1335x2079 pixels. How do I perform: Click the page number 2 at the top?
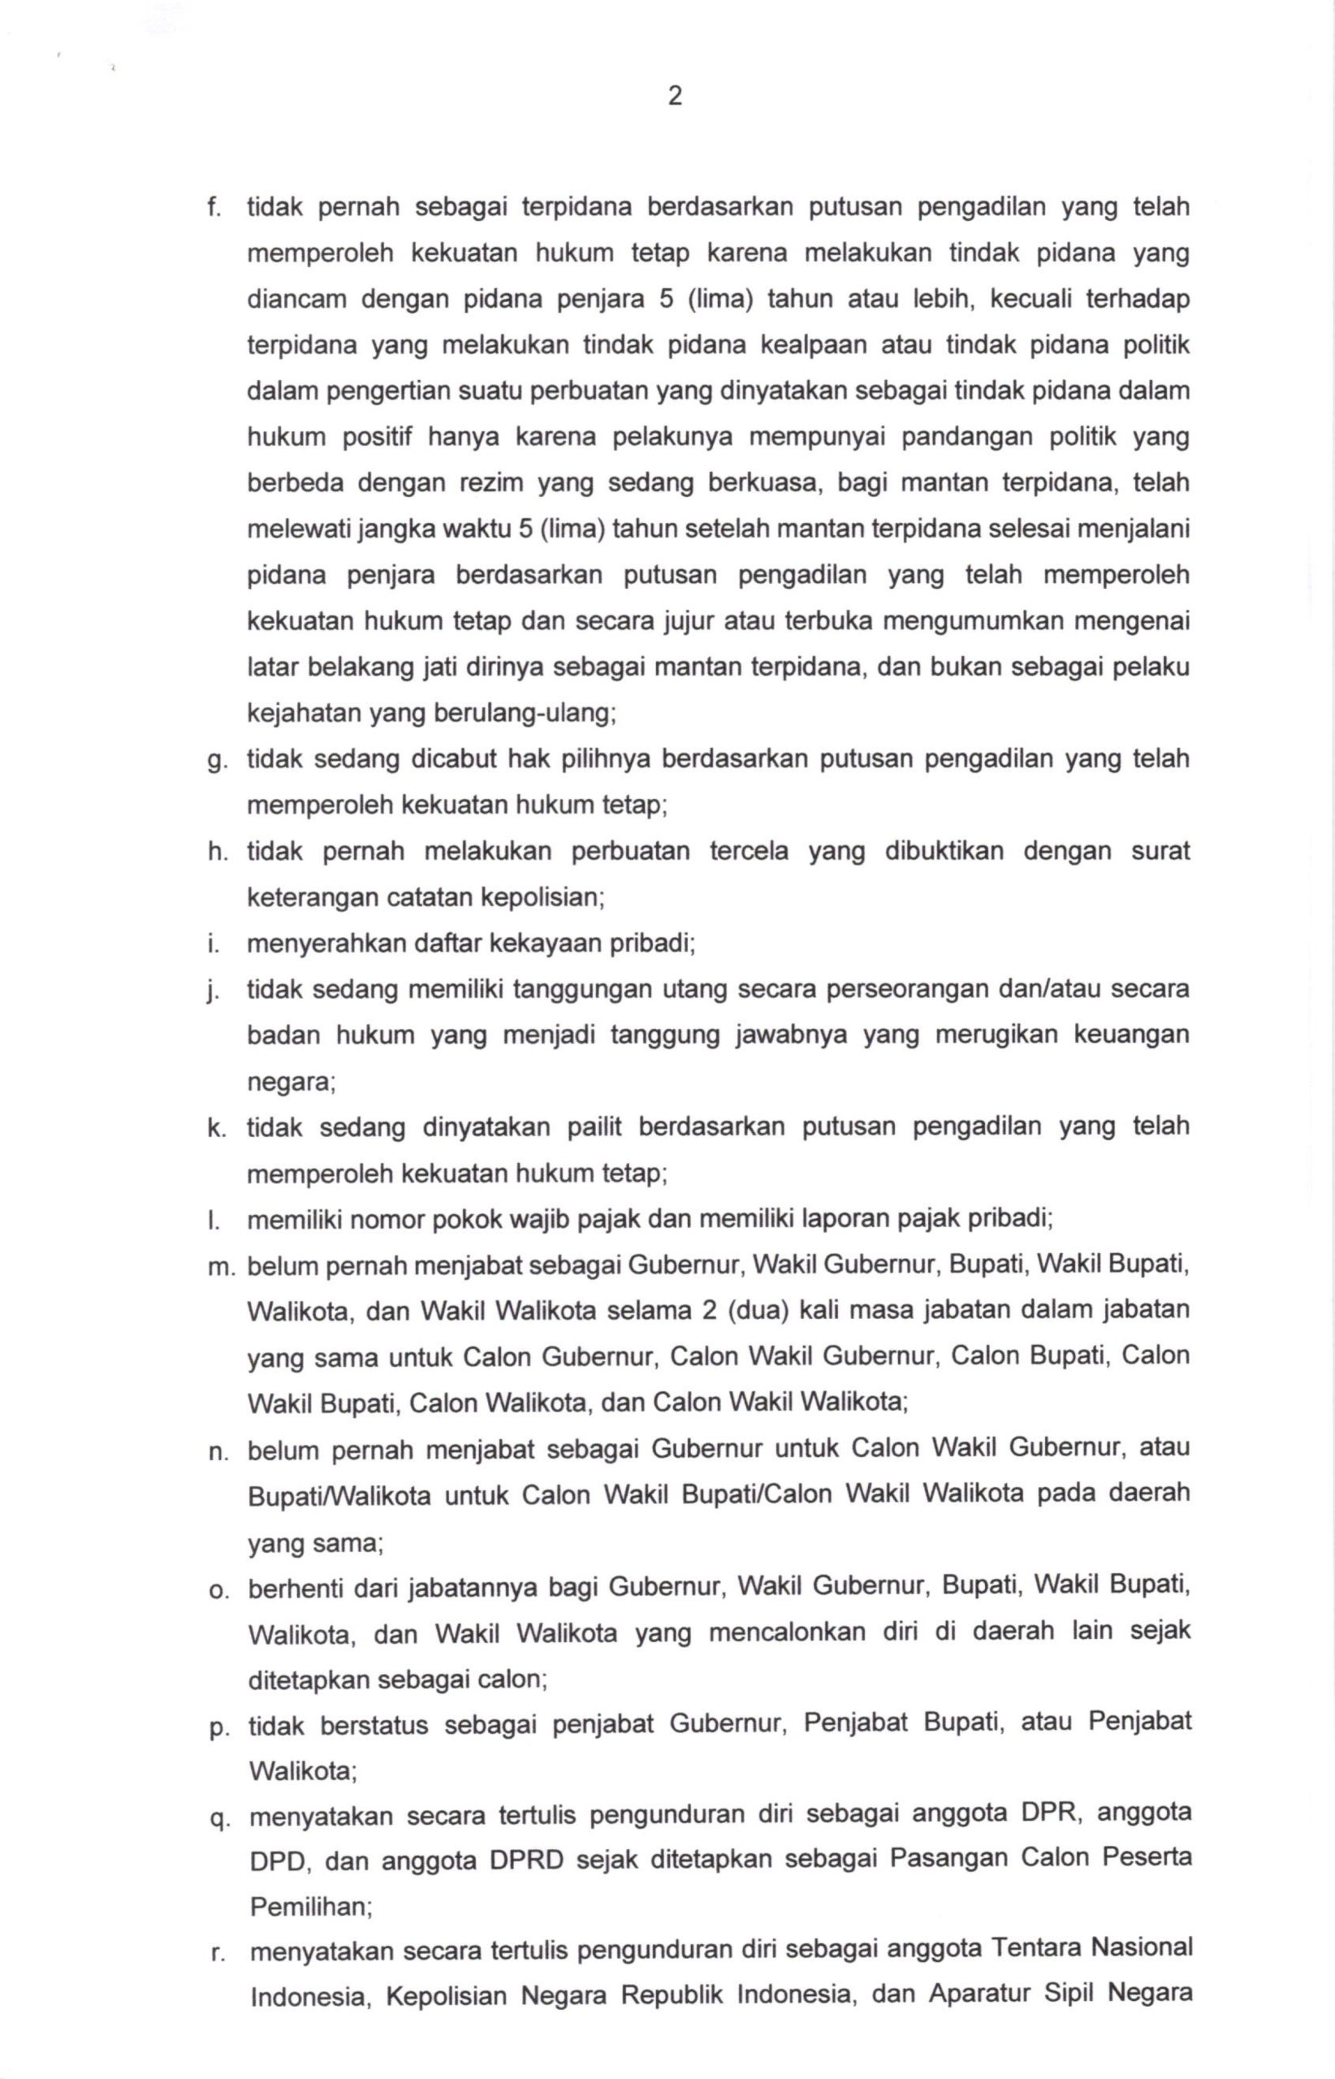[x=676, y=96]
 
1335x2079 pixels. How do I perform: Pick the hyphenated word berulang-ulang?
[x=519, y=714]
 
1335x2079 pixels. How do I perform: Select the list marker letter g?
[x=214, y=761]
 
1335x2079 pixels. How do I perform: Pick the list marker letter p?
[x=218, y=1727]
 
